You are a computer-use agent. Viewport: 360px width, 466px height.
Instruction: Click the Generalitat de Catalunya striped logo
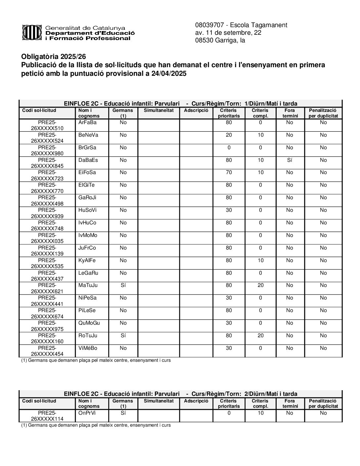coord(31,32)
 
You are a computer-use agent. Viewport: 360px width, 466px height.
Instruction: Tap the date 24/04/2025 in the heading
coord(169,73)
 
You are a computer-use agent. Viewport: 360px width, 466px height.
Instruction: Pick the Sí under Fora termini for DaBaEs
coord(290,160)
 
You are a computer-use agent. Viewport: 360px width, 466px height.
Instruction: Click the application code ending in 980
coord(47,151)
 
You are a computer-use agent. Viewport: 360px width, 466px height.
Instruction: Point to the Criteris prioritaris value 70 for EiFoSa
coord(229,172)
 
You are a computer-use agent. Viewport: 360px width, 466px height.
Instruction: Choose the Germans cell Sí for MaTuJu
coord(123,285)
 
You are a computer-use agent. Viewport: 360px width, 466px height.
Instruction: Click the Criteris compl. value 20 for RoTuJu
coord(260,336)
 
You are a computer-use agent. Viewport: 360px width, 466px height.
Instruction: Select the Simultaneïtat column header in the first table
coord(158,111)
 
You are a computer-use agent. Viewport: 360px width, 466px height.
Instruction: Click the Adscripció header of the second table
coord(196,401)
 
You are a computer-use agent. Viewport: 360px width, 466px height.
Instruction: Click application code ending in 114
coord(47,416)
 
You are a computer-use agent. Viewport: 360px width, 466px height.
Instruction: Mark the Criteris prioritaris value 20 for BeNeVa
coord(229,135)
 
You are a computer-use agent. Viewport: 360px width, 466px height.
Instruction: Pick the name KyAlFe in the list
coord(87,260)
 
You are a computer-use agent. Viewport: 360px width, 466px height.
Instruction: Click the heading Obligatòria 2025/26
coord(53,57)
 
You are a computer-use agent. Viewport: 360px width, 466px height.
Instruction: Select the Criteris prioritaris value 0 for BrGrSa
coord(229,148)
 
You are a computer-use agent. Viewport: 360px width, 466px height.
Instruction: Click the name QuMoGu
coord(89,323)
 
